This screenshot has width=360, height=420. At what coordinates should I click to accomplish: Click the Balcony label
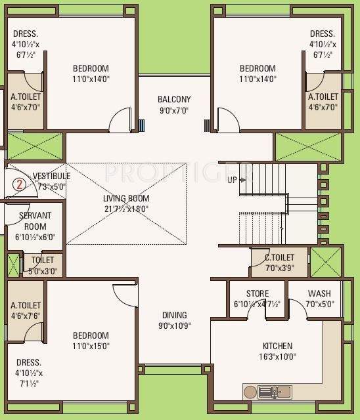(x=174, y=100)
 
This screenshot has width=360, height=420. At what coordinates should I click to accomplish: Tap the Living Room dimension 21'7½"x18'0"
(x=126, y=209)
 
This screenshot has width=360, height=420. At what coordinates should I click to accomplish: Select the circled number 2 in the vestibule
(x=19, y=184)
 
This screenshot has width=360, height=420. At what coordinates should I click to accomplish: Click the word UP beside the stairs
(x=233, y=180)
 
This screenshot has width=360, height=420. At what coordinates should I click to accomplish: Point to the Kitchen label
(x=277, y=346)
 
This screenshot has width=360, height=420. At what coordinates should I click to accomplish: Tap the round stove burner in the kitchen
(x=250, y=392)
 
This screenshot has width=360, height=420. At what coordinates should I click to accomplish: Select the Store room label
(x=257, y=293)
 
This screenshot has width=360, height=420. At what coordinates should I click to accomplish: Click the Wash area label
(x=319, y=293)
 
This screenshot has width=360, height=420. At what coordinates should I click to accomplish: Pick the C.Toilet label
(x=279, y=257)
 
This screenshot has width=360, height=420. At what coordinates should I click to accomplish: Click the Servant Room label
(x=32, y=220)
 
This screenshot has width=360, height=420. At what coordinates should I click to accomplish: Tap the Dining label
(x=174, y=315)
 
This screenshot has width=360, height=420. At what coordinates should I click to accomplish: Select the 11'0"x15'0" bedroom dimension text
(x=91, y=346)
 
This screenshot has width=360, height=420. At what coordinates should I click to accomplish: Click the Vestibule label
(x=51, y=176)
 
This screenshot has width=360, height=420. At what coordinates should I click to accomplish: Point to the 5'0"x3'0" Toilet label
(x=43, y=265)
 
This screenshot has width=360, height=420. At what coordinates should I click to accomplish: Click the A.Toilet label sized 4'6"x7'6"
(x=26, y=310)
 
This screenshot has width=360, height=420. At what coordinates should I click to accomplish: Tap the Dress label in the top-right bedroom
(x=322, y=34)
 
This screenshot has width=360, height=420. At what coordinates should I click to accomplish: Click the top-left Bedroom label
(x=91, y=68)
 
